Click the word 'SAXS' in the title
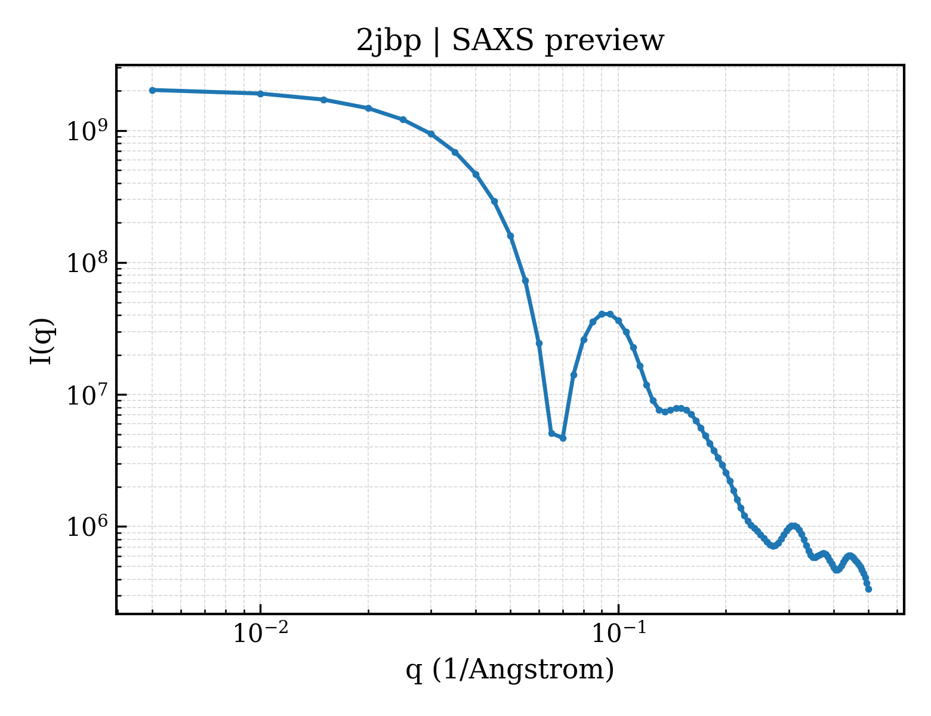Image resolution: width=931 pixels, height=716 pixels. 493,40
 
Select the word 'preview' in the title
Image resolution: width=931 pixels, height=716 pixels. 605,42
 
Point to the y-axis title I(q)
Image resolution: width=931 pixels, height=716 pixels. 41,341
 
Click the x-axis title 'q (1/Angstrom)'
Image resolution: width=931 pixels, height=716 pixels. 510,669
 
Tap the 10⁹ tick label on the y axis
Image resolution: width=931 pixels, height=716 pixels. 87,130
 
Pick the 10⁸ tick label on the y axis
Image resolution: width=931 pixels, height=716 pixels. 87,262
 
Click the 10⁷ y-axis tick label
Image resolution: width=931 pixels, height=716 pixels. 87,394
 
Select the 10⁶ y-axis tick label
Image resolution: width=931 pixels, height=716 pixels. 87,526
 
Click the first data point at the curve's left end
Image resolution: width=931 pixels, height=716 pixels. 153,90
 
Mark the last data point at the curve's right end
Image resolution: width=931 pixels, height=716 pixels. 868,590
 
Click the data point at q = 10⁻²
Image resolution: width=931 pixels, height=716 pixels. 260,94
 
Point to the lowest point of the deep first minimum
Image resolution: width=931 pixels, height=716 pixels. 563,439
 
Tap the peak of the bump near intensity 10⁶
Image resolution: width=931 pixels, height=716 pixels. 794,526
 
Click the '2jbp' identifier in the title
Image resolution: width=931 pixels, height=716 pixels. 389,42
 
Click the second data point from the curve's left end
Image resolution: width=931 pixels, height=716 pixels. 260,94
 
